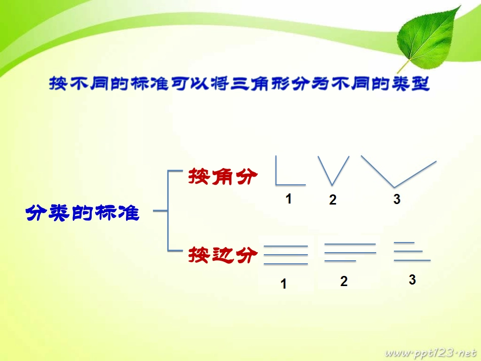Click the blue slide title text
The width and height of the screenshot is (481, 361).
(239, 84)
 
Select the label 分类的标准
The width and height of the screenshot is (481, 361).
(82, 212)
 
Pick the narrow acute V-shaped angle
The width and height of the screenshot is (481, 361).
(333, 170)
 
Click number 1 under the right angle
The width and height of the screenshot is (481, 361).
(288, 199)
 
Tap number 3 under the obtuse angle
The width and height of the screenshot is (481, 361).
(396, 200)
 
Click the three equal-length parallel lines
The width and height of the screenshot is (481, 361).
(286, 255)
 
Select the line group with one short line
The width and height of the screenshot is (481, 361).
(350, 252)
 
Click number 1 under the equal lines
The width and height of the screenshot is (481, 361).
(284, 285)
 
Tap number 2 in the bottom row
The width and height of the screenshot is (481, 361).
(344, 282)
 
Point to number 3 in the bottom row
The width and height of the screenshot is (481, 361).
(412, 279)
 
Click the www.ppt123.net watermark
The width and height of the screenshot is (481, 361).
(431, 352)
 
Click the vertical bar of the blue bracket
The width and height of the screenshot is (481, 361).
(168, 211)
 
